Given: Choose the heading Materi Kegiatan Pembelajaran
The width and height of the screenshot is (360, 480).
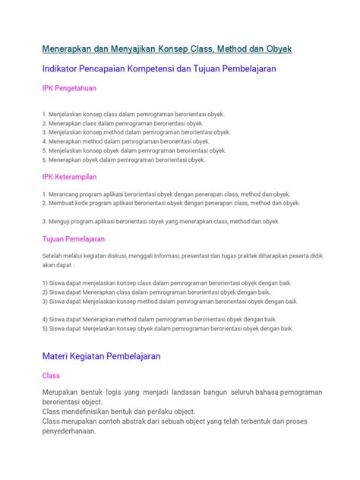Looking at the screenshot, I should (x=101, y=355).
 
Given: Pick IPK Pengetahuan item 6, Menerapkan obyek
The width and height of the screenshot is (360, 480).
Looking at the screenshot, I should (x=124, y=160).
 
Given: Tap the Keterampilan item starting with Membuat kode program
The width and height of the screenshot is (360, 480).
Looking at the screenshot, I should (x=172, y=204).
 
